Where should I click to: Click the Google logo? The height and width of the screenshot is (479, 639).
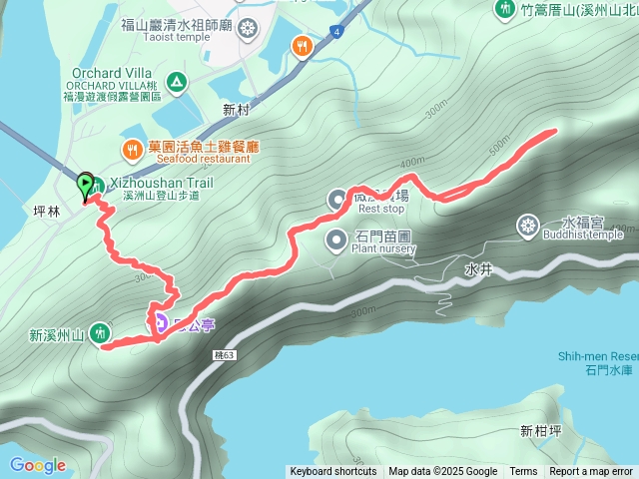click(38, 465)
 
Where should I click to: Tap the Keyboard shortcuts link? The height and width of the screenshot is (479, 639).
click(333, 472)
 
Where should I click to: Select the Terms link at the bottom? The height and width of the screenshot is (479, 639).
click(523, 472)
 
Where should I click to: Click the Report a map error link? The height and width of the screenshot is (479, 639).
click(591, 472)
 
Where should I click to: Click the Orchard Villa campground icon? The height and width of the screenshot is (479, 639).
click(177, 81)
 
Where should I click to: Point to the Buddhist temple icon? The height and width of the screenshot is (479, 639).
click(526, 227)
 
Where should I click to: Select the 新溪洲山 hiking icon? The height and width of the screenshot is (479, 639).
click(100, 332)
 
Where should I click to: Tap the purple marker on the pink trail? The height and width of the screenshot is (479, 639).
click(160, 322)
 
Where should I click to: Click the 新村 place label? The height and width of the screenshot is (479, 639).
click(237, 109)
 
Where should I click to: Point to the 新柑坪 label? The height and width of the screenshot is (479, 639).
click(539, 431)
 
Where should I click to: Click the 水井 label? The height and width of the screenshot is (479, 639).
click(476, 268)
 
